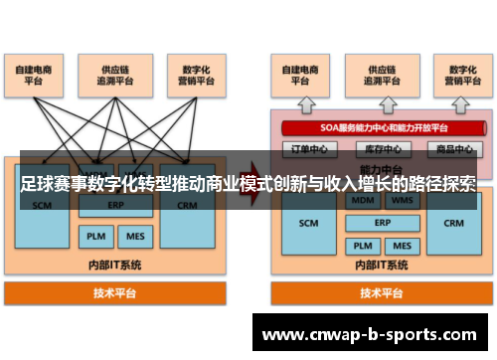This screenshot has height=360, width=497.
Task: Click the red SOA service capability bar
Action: (384, 127)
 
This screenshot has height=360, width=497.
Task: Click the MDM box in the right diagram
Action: (363, 200)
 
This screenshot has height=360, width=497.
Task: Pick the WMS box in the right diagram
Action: (403, 200)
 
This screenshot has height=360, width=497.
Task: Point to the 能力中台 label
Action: (383, 169)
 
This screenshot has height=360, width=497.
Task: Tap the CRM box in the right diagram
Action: (454, 224)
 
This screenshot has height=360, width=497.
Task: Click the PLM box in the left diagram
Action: (95, 237)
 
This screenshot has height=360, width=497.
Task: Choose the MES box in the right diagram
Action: (403, 245)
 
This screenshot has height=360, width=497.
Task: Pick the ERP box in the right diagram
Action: (383, 223)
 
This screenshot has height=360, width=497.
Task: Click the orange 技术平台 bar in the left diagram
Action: (116, 293)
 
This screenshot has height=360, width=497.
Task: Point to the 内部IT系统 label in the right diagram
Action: (382, 266)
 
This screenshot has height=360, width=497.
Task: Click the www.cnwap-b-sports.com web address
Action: (369, 335)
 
